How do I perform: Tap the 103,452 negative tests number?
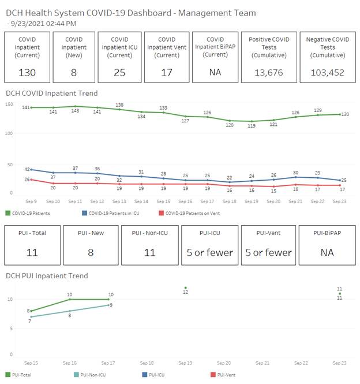tap(328, 73)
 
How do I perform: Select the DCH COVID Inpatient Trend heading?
tap(51, 93)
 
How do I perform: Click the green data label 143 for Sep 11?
tap(75, 111)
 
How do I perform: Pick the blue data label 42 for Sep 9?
tap(27, 169)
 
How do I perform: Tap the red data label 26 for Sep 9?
tap(27, 180)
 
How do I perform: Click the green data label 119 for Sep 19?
tap(252, 126)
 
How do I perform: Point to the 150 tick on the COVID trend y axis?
tap(9, 105)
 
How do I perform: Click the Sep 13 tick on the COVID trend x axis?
tap(119, 201)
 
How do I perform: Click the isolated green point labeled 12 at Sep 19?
tap(185, 288)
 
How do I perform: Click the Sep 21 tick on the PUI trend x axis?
tap(262, 363)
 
